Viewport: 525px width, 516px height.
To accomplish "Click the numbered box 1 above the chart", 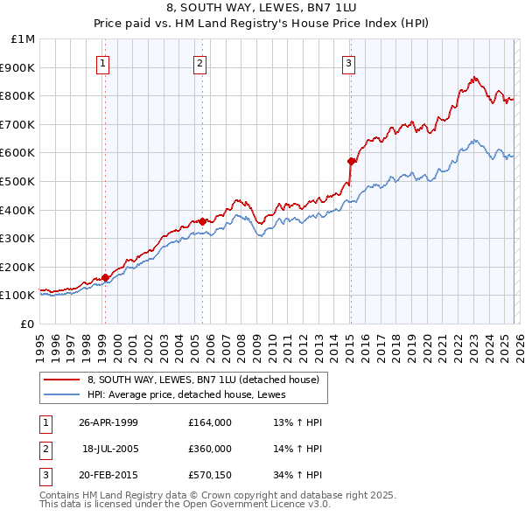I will (x=103, y=62).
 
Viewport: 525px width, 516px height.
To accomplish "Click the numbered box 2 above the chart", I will (x=200, y=62).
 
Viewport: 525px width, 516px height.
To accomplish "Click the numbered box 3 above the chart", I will (x=348, y=62).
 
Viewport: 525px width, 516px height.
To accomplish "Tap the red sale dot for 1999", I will (x=106, y=277).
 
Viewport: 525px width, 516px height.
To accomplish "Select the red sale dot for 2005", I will (x=202, y=221).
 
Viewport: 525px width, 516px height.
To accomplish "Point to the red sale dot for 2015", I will (x=351, y=161).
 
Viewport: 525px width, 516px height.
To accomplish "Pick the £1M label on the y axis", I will (x=23, y=38).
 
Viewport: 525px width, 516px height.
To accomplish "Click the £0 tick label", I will (x=27, y=324).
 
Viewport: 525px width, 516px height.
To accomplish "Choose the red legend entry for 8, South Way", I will (x=207, y=380).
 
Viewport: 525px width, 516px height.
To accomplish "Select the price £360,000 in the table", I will (x=209, y=449).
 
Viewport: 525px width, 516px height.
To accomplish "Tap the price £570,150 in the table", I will (x=209, y=475).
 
